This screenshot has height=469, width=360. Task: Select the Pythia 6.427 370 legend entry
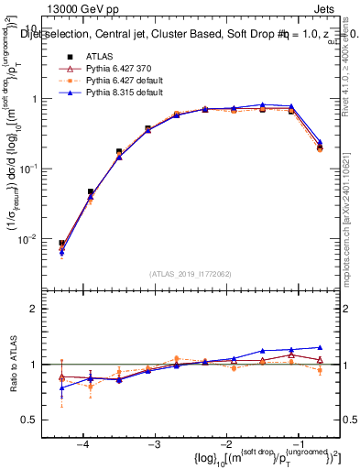coord(119,70)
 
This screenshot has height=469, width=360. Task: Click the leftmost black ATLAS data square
coord(61,244)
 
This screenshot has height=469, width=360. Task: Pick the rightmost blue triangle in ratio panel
coord(320,347)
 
